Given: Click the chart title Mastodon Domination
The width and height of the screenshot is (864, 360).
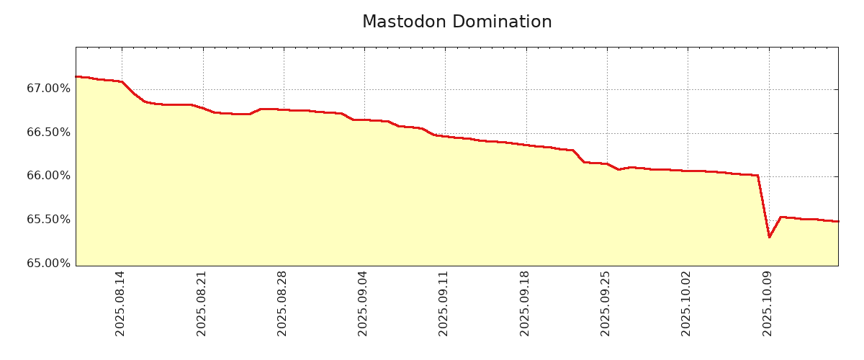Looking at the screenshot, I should click(x=456, y=22).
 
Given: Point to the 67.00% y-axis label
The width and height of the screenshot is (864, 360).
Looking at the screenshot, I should click(x=49, y=89).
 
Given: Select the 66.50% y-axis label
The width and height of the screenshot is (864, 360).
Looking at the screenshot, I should click(x=49, y=132).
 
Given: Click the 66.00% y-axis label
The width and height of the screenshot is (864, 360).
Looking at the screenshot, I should click(x=49, y=176).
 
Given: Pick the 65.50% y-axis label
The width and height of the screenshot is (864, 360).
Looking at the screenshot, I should click(x=49, y=220).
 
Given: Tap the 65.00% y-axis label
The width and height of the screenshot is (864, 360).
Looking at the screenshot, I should click(x=49, y=264).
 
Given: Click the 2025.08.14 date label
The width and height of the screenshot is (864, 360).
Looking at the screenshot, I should click(x=120, y=303).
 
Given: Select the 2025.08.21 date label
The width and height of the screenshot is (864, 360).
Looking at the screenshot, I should click(x=202, y=303).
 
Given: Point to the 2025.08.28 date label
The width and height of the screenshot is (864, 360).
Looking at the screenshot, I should click(x=282, y=303).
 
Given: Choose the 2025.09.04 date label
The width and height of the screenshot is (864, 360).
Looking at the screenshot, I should click(x=363, y=303).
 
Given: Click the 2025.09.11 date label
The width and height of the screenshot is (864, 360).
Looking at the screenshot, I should click(x=444, y=303).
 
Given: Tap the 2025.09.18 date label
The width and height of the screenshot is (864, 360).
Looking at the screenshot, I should click(x=525, y=303).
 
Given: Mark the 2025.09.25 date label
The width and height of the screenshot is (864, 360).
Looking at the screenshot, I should click(x=606, y=303).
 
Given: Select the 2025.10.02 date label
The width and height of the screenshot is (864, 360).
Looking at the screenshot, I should click(x=686, y=303).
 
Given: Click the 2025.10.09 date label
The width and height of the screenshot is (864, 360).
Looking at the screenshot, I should click(x=768, y=303).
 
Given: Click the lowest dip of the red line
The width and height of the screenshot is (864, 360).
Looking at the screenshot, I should click(x=769, y=237).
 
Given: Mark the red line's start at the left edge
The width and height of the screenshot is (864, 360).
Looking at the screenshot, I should click(x=76, y=76).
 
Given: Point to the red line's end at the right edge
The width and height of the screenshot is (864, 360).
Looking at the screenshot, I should click(x=837, y=221).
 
